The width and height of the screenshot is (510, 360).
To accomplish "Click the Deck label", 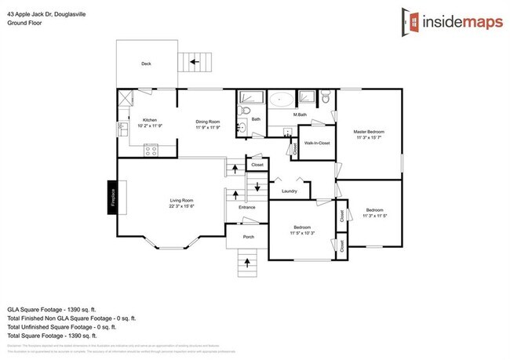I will (x=145, y=64).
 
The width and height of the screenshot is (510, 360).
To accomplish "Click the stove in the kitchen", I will (x=151, y=151).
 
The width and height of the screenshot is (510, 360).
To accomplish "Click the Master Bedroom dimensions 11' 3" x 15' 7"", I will (x=368, y=136).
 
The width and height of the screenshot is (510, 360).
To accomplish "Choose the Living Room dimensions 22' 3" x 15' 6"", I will (x=181, y=206).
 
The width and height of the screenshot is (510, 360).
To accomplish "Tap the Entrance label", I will (x=247, y=207).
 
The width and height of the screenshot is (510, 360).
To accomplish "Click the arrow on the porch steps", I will (x=248, y=260).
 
